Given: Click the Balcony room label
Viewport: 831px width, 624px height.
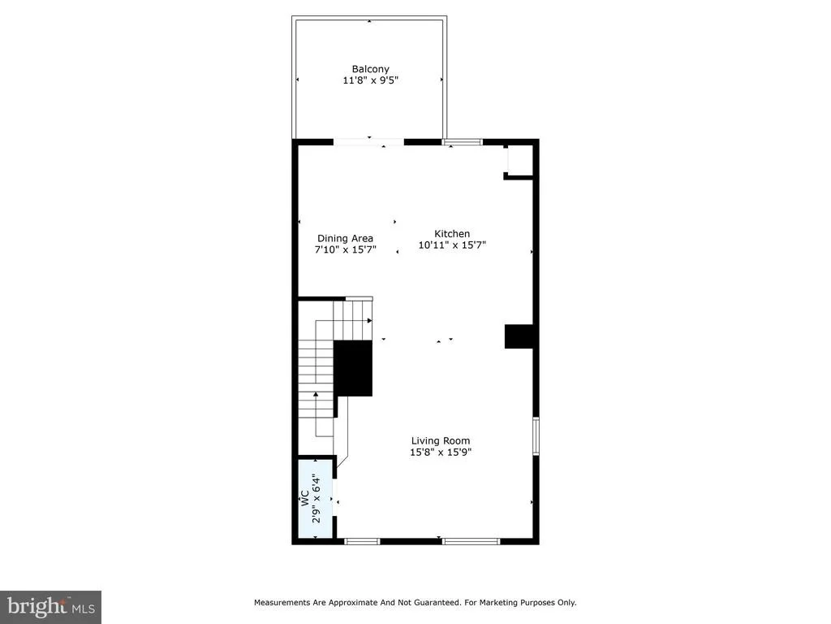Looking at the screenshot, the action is tap(370, 69).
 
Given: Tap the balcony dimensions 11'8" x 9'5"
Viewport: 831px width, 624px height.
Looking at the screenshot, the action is tap(370, 80).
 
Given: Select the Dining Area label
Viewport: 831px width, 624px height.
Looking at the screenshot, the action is tap(345, 239).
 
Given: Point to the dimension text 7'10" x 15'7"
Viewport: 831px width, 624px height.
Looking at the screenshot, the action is tap(346, 250).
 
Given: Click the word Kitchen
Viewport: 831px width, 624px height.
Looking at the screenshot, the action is tap(452, 233).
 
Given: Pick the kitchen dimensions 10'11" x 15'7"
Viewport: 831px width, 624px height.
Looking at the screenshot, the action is tap(452, 245).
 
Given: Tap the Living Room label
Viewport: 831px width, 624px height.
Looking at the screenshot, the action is tap(441, 440).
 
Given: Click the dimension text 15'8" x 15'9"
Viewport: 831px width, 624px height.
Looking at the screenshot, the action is tap(441, 452).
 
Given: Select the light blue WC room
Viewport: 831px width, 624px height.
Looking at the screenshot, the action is tap(316, 499).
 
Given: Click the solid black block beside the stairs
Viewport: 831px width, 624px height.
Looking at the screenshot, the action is tap(352, 368).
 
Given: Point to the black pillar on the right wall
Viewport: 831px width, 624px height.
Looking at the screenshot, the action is tap(519, 336).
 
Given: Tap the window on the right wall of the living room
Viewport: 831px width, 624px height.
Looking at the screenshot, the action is tap(536, 435).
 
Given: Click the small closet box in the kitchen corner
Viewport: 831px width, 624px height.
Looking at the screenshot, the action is tap(519, 161).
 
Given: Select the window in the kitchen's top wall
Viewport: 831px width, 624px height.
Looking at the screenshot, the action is tap(462, 141).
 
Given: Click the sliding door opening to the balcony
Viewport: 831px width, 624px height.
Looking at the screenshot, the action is tap(368, 141).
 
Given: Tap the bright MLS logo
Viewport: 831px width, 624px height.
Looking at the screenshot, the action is tap(51, 607).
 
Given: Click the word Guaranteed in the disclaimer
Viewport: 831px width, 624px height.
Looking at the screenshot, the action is tap(437, 602).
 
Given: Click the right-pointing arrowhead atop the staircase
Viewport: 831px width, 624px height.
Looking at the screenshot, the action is tap(369, 320).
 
